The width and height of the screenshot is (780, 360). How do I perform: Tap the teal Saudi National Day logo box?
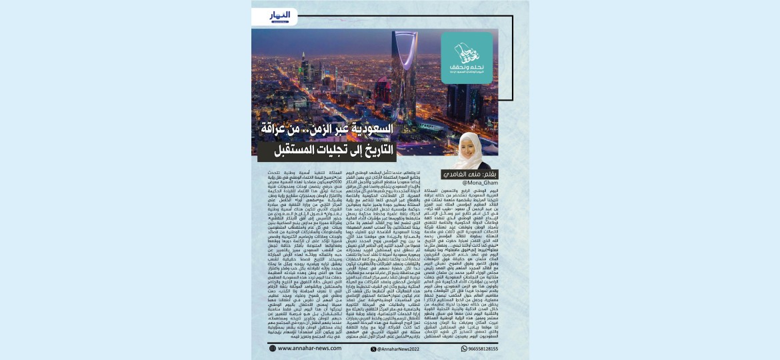point(466,58)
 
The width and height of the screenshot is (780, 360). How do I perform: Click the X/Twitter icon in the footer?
point(365,347)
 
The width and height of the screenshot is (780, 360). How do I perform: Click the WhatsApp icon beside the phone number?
point(464,347)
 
